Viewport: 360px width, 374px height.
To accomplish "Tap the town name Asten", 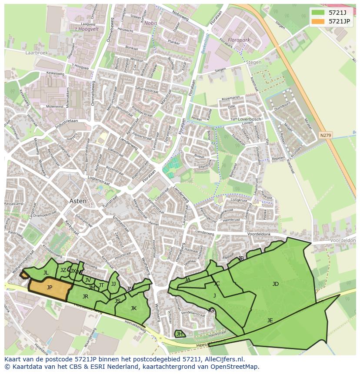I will (78, 201).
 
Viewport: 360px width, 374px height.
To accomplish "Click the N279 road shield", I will (325, 135).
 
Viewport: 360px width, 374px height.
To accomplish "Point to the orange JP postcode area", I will (50, 288).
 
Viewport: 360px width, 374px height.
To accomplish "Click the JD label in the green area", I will (275, 284).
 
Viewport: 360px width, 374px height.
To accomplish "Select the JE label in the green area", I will (270, 321).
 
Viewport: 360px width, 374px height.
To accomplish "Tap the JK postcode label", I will (133, 308).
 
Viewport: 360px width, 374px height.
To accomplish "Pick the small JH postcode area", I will (179, 334).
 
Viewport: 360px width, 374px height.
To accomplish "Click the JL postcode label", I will (46, 273).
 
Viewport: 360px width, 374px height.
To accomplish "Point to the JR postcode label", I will (85, 297).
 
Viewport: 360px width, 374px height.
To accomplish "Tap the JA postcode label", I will (187, 280).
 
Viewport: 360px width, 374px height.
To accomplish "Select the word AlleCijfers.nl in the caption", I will (222, 359).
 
